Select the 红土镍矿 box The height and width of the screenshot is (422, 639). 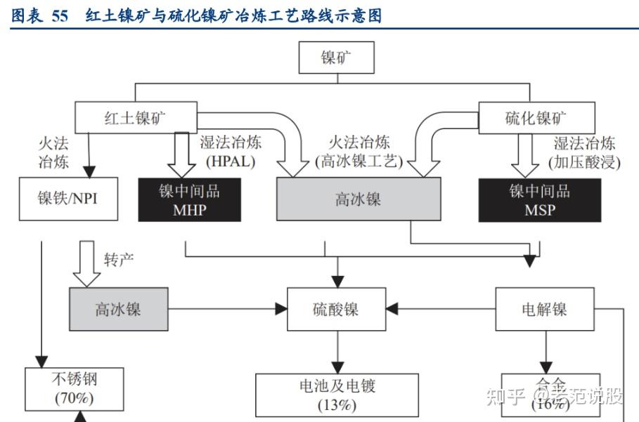point(135,117)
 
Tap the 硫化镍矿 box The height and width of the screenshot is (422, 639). point(536,117)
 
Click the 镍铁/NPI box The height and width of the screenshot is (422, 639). point(67,198)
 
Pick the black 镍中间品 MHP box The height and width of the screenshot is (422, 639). point(189,199)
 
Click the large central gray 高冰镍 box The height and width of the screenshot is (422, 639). point(358,199)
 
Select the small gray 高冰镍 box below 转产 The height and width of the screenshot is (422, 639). point(118,309)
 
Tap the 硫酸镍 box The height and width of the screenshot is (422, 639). point(335,309)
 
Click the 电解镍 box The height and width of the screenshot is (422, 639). point(545,309)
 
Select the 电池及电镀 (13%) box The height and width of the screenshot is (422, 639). point(337,395)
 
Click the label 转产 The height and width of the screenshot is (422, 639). point(119,259)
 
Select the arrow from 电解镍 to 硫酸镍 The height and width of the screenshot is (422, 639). point(441,309)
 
